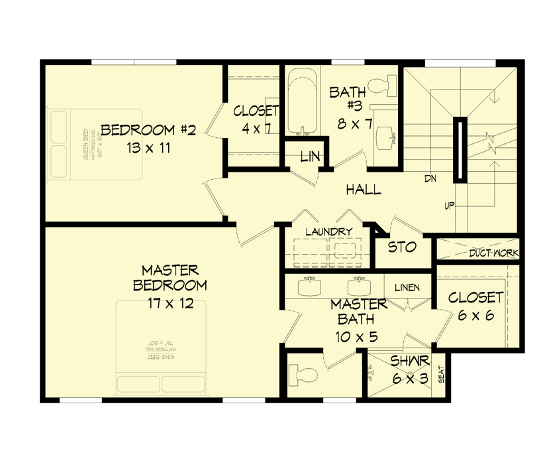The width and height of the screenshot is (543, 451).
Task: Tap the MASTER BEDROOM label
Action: click(x=170, y=278)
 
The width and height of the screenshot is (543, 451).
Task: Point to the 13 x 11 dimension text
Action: click(x=148, y=148)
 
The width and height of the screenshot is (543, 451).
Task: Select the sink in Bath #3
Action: click(x=385, y=139)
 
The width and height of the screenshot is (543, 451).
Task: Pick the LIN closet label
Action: click(x=310, y=157)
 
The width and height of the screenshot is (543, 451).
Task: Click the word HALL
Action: click(x=364, y=190)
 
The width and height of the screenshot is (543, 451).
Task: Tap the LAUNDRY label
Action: click(x=328, y=231)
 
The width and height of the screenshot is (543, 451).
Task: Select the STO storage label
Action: click(x=402, y=247)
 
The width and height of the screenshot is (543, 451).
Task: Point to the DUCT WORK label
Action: click(x=494, y=253)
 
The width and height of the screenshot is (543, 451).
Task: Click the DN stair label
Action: click(x=430, y=179)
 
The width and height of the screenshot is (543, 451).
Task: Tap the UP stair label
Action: click(x=449, y=206)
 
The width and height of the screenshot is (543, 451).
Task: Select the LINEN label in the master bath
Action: click(x=407, y=287)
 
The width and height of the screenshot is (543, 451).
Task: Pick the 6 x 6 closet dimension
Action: click(x=475, y=316)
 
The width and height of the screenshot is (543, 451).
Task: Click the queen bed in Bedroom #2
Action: click(x=93, y=145)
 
